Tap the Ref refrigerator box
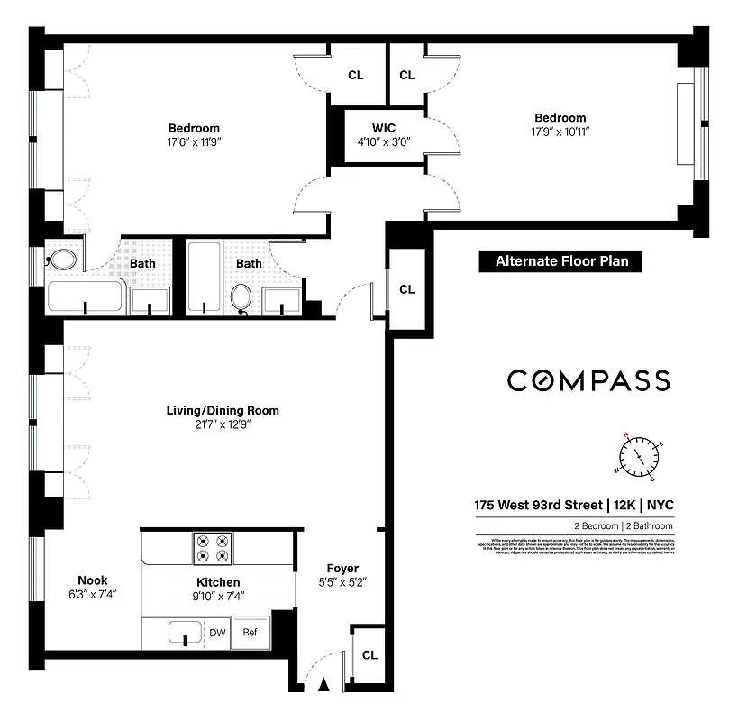click(250, 633)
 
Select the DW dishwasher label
click(217, 633)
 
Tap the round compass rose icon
click(642, 455)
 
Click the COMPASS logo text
click(588, 380)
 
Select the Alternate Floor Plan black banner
click(560, 261)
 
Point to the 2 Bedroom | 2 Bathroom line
click(618, 526)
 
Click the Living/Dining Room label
click(223, 410)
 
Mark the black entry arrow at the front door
click(323, 688)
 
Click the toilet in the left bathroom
click(62, 260)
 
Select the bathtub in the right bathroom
click(204, 277)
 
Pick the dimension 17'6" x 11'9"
click(194, 141)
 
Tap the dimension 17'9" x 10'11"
click(560, 132)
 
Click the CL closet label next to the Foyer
click(369, 655)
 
